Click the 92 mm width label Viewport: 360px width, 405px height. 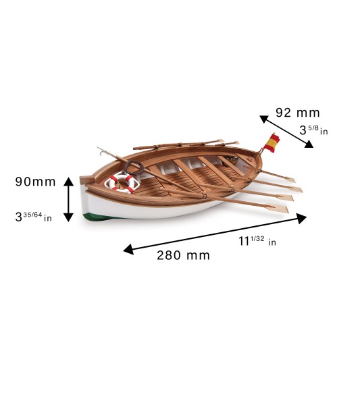point(298,113)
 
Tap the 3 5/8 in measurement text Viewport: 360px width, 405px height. point(313,130)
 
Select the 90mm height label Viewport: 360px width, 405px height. point(35,182)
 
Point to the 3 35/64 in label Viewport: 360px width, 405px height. point(34,217)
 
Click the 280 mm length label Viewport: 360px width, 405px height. point(183,255)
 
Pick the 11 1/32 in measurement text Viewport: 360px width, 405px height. point(257,241)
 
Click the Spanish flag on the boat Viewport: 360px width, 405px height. point(272,143)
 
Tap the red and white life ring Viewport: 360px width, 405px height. point(122,183)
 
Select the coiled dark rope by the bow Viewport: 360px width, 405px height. point(134,168)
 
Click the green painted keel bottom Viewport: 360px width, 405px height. point(97,217)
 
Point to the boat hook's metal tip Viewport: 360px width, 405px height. point(100,152)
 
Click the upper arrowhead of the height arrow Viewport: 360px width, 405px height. point(68,182)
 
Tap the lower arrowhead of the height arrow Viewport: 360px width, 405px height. point(68,217)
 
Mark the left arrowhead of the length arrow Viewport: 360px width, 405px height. point(128,250)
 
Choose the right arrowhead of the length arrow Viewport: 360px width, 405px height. point(301,219)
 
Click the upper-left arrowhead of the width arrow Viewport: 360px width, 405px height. point(264,119)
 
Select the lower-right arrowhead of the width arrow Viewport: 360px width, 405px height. point(309,144)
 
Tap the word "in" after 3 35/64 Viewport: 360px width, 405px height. point(48,218)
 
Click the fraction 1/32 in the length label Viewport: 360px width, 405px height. point(257,238)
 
